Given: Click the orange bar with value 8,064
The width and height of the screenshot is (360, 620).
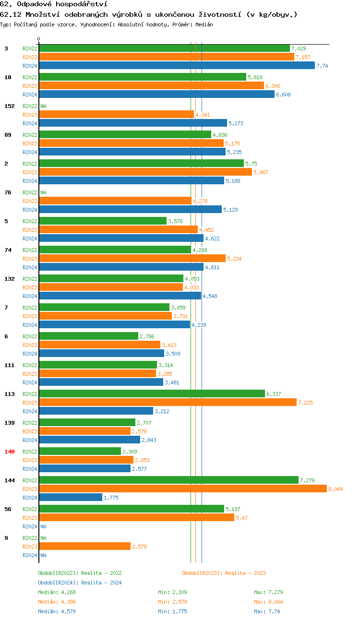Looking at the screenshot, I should [182, 489].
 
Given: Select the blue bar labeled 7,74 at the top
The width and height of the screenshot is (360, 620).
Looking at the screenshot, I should [177, 65].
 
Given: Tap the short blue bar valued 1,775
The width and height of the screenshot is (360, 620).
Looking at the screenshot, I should [71, 497].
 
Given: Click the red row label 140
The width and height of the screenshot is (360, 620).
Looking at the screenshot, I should [9, 452].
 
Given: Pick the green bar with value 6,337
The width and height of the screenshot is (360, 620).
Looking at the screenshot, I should [152, 393].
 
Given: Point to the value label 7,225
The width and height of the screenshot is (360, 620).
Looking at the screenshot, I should [305, 403].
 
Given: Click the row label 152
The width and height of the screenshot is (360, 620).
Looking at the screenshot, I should [9, 106].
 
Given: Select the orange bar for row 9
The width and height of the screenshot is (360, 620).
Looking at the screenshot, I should [84, 546].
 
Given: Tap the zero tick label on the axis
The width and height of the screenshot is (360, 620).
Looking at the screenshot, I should [39, 39].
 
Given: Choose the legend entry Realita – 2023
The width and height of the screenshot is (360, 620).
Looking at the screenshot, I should [224, 573].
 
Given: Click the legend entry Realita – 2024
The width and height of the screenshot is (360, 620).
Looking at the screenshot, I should [80, 583].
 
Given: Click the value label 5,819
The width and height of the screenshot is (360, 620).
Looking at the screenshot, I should [254, 77].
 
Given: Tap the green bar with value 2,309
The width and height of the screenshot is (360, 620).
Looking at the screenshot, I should [80, 451].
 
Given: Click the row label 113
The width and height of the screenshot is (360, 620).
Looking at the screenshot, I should [9, 394].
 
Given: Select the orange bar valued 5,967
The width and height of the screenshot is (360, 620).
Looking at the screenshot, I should [145, 172].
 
